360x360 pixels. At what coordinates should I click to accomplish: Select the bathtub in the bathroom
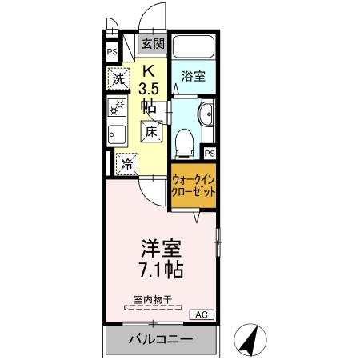194,48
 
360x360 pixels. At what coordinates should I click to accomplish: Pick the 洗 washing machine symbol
118,79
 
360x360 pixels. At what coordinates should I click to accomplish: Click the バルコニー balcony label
159,339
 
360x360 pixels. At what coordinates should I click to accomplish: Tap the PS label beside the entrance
111,54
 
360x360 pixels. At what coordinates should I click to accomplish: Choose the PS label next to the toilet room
210,153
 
